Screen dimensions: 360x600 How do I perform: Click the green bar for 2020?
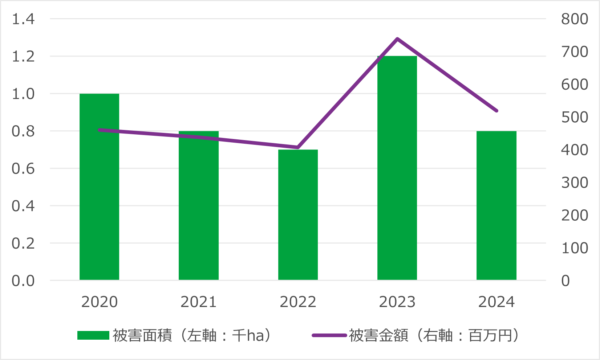(99, 187)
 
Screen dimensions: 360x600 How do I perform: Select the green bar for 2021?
(199, 205)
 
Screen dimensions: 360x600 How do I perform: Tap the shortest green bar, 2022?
(298, 214)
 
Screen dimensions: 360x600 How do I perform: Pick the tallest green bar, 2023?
(397, 168)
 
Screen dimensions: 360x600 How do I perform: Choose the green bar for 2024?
(496, 205)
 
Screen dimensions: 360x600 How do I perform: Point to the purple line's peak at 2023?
(397, 39)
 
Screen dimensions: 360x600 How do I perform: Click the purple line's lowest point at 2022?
(298, 147)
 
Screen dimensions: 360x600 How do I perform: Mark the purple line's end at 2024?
(496, 111)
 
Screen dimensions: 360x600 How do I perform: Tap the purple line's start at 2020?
(100, 130)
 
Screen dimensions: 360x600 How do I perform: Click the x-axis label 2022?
(298, 302)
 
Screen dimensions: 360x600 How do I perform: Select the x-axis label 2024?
(496, 302)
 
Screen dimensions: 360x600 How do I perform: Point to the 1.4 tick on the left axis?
(23, 19)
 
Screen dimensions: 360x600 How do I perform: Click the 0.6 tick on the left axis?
(23, 168)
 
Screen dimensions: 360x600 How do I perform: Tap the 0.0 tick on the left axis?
(23, 281)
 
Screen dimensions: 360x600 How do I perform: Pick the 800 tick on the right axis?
(574, 19)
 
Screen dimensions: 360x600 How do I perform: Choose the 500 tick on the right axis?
(574, 117)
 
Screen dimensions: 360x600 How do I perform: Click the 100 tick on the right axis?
(574, 248)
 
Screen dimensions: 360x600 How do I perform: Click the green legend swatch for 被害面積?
(93, 335)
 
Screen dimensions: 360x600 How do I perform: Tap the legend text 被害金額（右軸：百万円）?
(434, 335)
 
